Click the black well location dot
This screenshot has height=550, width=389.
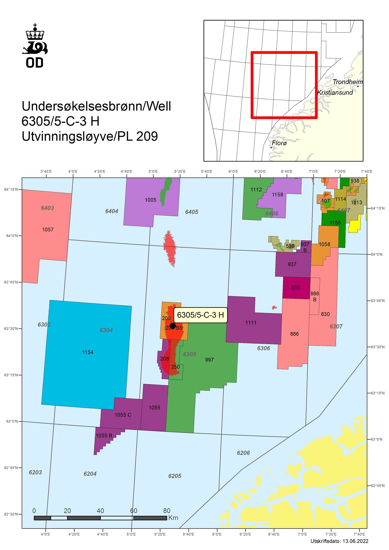(x=173, y=326)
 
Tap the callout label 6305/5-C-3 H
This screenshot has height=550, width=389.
(x=200, y=315)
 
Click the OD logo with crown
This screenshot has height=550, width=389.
(x=35, y=46)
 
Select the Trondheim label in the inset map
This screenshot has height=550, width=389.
(x=347, y=82)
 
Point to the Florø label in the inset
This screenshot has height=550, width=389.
(x=279, y=143)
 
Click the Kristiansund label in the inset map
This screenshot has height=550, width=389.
(x=335, y=93)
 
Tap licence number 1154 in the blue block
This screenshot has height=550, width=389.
(x=88, y=352)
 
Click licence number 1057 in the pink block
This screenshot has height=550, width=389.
(x=48, y=229)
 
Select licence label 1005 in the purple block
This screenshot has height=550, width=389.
(x=150, y=200)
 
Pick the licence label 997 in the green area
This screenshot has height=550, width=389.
(x=209, y=360)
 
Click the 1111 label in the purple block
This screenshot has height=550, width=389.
(x=251, y=323)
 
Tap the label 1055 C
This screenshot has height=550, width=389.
(x=123, y=415)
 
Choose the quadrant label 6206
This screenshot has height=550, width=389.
(x=243, y=453)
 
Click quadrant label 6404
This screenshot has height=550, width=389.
(x=111, y=211)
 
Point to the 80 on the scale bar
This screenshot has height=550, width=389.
(x=167, y=511)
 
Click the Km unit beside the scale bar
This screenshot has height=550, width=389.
(x=173, y=518)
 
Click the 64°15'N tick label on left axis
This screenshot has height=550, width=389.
(x=11, y=189)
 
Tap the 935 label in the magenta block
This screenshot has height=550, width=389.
(x=295, y=288)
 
